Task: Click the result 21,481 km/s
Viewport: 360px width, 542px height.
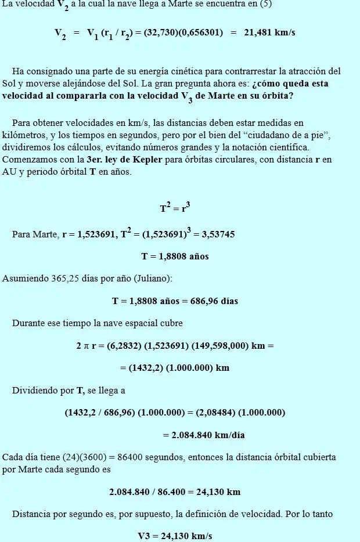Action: (269, 32)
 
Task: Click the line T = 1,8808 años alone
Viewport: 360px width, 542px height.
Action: (175, 256)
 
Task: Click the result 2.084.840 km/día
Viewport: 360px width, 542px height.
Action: (200, 435)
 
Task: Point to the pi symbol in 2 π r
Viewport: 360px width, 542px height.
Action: (85, 346)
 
